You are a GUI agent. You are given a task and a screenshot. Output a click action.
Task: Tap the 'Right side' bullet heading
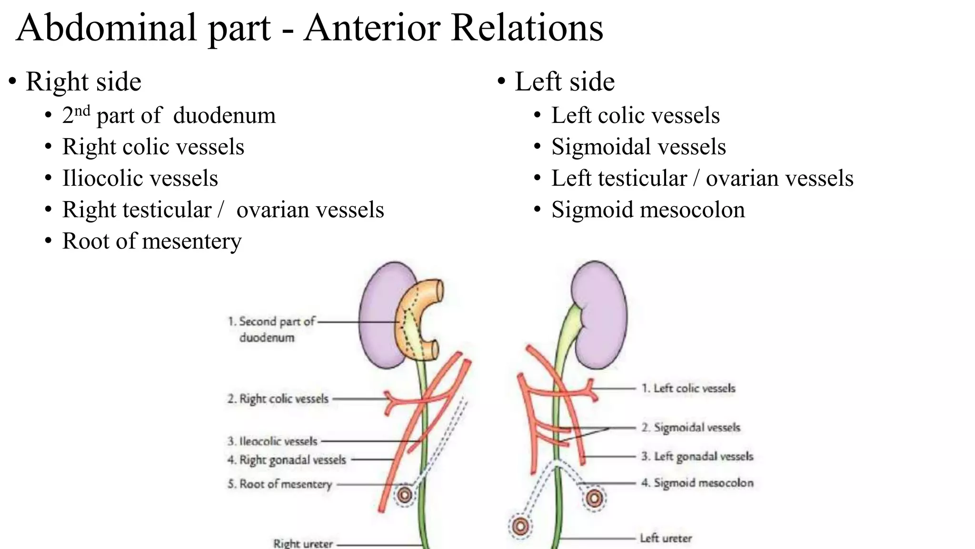(83, 81)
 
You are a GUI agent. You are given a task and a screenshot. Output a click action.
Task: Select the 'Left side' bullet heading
(565, 81)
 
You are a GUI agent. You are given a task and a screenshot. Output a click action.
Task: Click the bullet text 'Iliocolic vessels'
(140, 178)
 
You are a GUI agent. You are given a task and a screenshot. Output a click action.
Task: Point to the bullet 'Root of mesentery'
(152, 241)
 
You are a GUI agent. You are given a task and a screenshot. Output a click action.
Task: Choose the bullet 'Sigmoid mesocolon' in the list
(648, 210)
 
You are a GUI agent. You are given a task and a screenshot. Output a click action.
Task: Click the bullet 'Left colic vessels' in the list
(635, 115)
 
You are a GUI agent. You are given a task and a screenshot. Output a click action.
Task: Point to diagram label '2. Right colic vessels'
(278, 399)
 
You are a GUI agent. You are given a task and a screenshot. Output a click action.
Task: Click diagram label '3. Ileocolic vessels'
(272, 441)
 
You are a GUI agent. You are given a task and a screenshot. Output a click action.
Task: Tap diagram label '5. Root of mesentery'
(279, 484)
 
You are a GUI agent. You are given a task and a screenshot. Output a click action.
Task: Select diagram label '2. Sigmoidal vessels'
(691, 427)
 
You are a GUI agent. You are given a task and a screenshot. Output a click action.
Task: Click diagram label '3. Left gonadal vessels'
(697, 457)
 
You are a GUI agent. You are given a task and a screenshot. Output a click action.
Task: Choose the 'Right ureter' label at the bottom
(303, 543)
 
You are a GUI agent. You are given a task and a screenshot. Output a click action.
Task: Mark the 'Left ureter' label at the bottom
(666, 539)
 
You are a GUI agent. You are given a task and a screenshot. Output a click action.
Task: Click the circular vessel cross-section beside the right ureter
(405, 495)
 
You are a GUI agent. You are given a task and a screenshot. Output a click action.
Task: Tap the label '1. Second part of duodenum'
(271, 329)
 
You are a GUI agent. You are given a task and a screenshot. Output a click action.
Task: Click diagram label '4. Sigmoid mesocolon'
(697, 483)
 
